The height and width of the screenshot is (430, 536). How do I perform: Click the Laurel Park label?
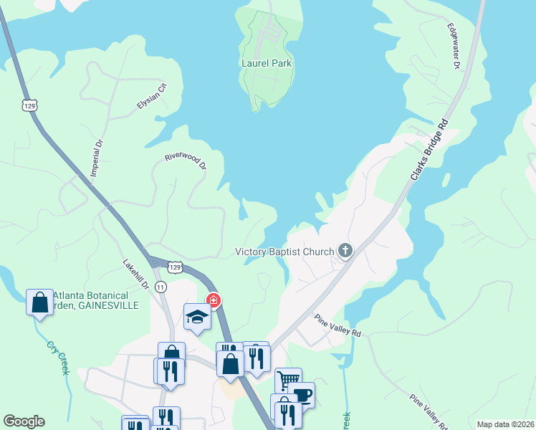pos(267,63)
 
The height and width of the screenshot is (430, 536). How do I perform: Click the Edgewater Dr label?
pos(454,47)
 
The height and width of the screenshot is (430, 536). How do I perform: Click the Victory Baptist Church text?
pos(285,252)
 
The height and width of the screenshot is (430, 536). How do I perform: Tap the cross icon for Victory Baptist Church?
pos(345,251)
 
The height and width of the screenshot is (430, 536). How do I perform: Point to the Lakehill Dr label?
pos(135,274)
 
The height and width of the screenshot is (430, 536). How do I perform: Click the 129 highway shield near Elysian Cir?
pos(29,105)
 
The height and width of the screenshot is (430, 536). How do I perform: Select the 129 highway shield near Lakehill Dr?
pos(175,267)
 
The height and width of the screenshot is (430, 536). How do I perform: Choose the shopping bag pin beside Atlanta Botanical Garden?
pos(39,302)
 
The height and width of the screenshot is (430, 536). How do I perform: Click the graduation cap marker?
pos(197,315)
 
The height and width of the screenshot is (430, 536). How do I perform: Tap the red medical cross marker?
pos(214,300)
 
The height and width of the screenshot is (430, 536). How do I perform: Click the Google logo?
pos(24,421)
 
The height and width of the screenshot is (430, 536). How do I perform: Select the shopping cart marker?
pos(288,380)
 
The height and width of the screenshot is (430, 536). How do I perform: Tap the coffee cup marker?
pos(302,394)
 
